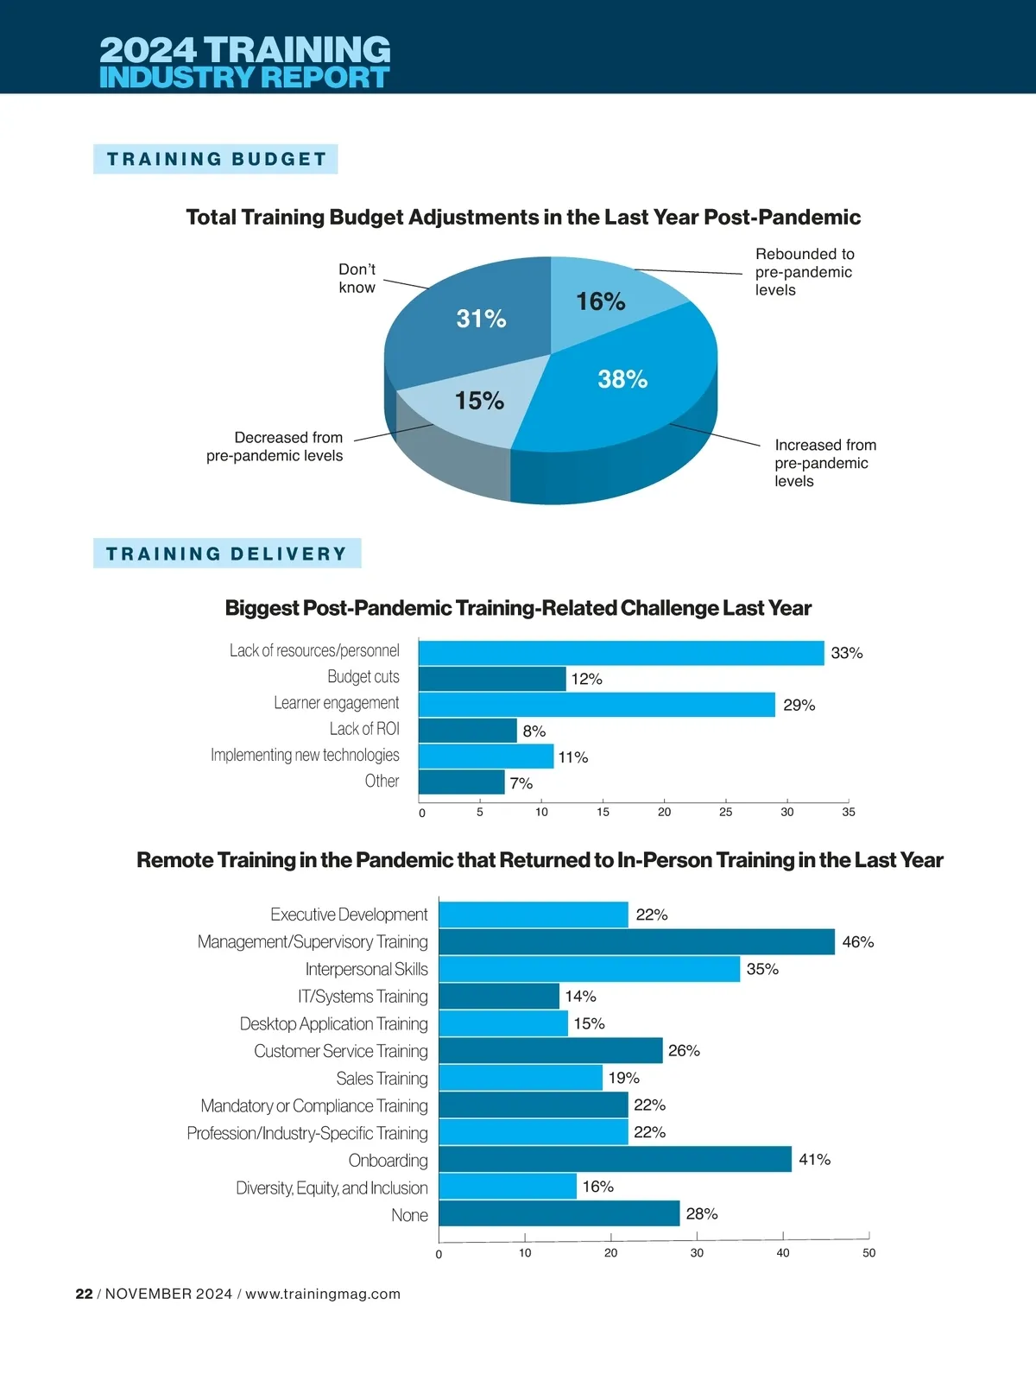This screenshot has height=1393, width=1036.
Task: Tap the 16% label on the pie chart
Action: click(x=600, y=301)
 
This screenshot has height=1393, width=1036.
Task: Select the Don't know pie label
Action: click(x=357, y=278)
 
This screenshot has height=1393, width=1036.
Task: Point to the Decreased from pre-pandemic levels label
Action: click(x=275, y=446)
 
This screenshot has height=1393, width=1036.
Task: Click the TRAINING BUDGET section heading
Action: click(x=216, y=159)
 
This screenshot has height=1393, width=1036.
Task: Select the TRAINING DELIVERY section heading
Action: click(x=226, y=554)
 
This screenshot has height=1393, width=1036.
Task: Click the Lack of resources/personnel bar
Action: click(x=621, y=653)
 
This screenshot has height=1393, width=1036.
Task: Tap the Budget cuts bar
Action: click(x=492, y=679)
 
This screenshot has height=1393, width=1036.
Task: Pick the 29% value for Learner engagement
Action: click(x=799, y=706)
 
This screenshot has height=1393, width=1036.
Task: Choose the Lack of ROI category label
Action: click(x=364, y=729)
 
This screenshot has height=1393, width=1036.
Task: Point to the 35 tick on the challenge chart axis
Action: click(x=849, y=812)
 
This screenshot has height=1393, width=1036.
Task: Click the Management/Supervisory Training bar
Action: click(x=636, y=941)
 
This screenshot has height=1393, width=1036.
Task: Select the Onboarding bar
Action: click(x=615, y=1159)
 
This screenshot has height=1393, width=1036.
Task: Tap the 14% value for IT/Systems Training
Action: click(x=580, y=997)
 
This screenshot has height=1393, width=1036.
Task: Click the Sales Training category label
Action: click(x=382, y=1079)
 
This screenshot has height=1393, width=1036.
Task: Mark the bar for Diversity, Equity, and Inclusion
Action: click(x=508, y=1187)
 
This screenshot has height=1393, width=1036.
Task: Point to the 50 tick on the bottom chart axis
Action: click(x=869, y=1252)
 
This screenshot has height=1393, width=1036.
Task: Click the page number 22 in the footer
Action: click(x=84, y=1294)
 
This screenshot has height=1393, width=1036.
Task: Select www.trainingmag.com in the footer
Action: click(x=323, y=1294)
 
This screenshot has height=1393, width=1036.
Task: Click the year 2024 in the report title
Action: click(x=148, y=49)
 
